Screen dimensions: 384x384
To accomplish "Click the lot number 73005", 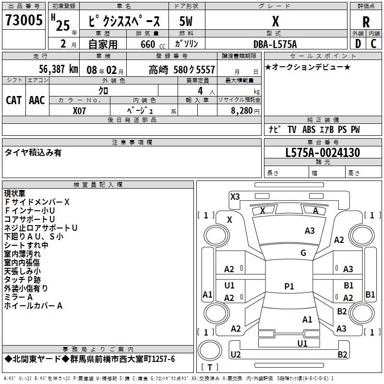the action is click(24, 20).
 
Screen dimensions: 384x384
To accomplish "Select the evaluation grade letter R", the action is click(366, 22).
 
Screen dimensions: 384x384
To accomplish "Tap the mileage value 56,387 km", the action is click(52, 70).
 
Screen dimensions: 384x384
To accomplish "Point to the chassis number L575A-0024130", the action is click(323, 153).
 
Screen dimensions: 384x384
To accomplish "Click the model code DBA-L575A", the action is click(275, 44).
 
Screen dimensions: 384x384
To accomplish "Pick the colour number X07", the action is click(80, 110).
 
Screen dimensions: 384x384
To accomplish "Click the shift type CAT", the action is click(14, 100).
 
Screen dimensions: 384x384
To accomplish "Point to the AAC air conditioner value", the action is click(37, 100).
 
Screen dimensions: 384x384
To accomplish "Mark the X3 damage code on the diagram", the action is click(235, 196).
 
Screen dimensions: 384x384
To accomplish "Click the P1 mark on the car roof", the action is click(289, 287).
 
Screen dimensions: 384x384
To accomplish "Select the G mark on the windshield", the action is click(303, 253).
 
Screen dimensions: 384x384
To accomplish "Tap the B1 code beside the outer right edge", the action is click(370, 295).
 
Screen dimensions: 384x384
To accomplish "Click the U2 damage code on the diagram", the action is click(236, 354).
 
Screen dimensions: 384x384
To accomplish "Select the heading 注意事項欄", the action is click(132, 143).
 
